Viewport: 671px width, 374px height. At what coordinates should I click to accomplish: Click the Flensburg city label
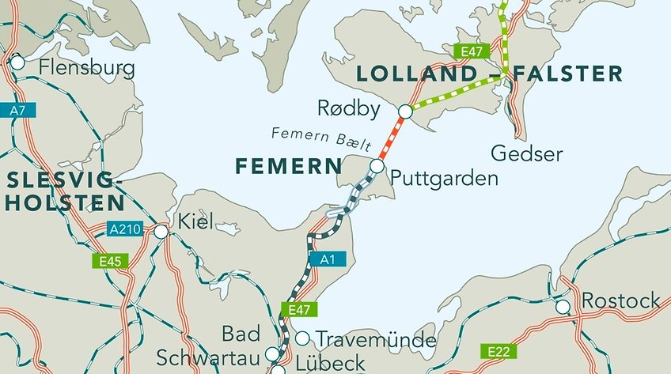point(86,68)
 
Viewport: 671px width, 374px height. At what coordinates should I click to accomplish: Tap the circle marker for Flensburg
point(17,62)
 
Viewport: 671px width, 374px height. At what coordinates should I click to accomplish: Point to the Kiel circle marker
point(161,232)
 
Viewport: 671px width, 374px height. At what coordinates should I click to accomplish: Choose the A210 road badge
point(124,229)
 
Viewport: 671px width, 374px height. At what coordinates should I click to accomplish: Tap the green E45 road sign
point(107,259)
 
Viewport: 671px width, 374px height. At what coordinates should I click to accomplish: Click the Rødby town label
point(348,108)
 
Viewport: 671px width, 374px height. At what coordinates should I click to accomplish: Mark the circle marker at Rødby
point(405,111)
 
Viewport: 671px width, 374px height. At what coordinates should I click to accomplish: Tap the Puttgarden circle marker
point(377,166)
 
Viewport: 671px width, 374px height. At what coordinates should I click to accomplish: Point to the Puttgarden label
point(444,178)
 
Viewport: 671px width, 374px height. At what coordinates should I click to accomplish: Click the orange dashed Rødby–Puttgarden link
point(391,139)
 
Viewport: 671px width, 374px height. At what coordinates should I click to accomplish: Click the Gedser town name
point(526,153)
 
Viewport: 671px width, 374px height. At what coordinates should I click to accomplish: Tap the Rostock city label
point(621,300)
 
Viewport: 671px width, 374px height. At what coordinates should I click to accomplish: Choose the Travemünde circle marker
point(302,338)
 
